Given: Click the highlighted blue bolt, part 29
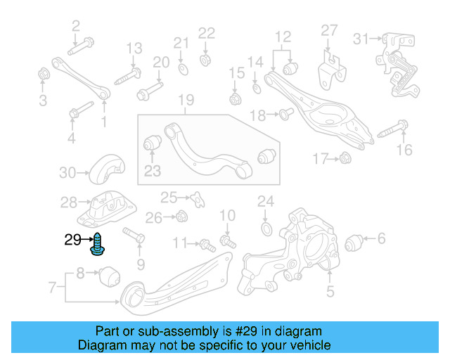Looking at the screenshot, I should (x=96, y=243).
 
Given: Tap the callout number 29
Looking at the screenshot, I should (x=73, y=240).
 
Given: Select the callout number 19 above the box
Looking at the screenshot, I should (x=185, y=101).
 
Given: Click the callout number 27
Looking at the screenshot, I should (x=330, y=30).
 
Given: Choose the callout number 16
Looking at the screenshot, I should (x=404, y=149).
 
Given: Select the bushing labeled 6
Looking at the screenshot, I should (x=356, y=243).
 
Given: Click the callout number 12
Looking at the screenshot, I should (x=283, y=37).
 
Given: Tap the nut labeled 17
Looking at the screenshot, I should (x=345, y=158).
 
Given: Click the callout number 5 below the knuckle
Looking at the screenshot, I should (x=330, y=290).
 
